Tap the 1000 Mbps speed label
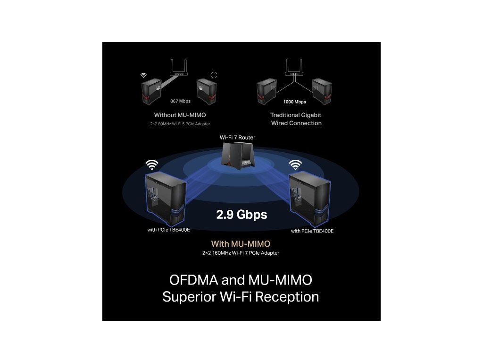(x=294, y=102)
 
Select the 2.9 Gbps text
(x=241, y=215)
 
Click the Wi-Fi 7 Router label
(x=237, y=137)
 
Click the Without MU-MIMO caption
(x=180, y=115)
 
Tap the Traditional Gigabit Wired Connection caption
(x=296, y=119)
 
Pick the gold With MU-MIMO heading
(x=241, y=244)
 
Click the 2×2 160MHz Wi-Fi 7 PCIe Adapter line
(x=241, y=253)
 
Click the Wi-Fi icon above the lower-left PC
(x=151, y=164)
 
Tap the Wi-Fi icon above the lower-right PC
(x=296, y=164)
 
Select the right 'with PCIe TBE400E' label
(x=312, y=231)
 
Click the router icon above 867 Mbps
(x=179, y=69)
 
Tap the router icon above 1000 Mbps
(x=293, y=69)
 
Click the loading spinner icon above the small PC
(x=215, y=74)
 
